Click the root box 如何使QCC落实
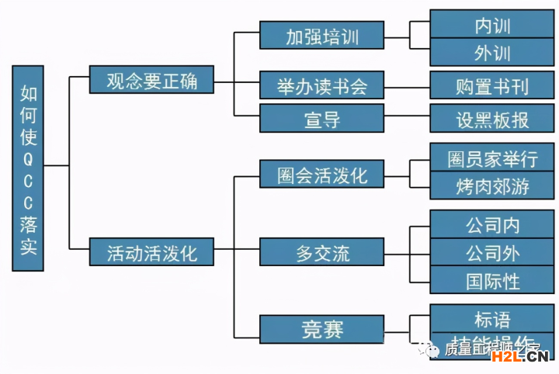pos(28,168)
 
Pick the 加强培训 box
pos(322,36)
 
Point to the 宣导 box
pos(322,119)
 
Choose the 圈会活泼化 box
pos(322,175)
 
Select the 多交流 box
pos(322,252)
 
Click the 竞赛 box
pos(322,329)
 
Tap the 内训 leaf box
pos(492,25)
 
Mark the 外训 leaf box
pos(492,53)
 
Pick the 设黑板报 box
pos(492,119)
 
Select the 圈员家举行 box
pos(492,159)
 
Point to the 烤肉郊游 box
pos(492,187)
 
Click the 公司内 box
pos(492,225)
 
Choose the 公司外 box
pos(492,253)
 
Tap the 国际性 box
pos(492,280)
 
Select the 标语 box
pos(492,318)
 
